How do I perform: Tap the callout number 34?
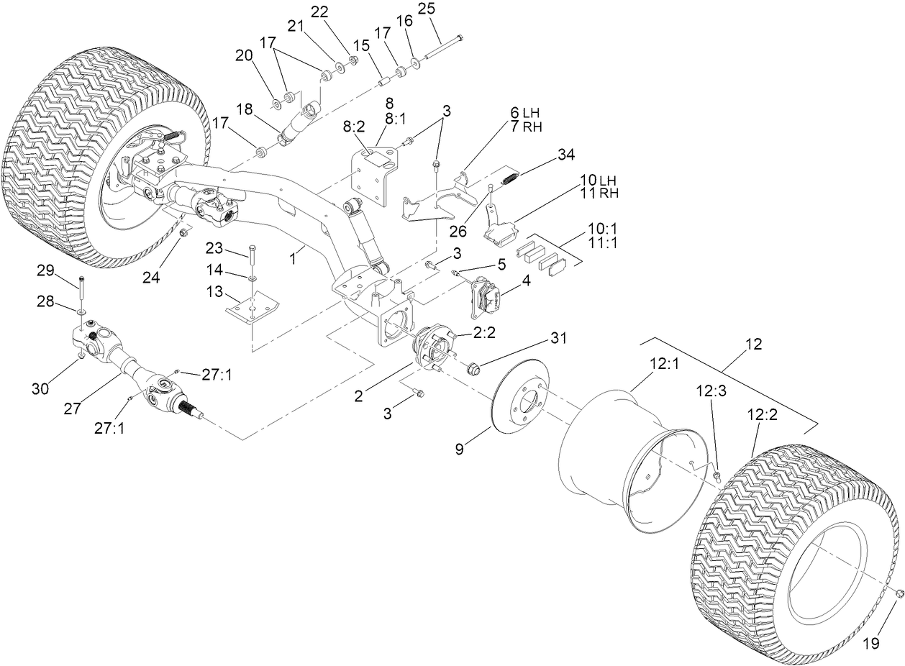565,155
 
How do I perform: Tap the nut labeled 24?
185,232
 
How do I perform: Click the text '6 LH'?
524,113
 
